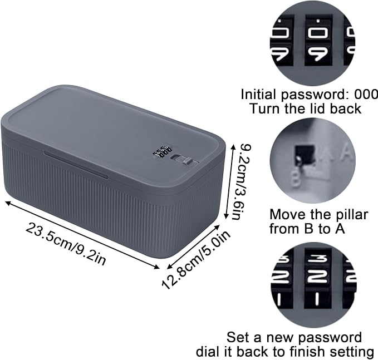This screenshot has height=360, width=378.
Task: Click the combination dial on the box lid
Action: pos(161,151)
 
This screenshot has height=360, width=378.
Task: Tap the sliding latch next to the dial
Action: pos(184,161)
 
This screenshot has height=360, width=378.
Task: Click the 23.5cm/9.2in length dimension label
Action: pos(66,244)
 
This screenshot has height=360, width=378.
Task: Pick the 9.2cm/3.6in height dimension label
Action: pos(240,182)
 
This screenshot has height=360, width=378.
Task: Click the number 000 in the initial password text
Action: pos(366,95)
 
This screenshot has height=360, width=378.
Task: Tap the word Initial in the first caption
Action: pos(259,95)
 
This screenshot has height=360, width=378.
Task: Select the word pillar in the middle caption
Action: pos(351,214)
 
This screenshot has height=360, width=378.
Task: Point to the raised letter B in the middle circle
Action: pos(296,179)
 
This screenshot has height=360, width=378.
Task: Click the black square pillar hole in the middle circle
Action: pos(304,154)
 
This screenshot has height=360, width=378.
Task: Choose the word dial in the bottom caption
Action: pos(207,352)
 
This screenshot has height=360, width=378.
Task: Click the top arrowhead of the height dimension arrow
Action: pos(233,146)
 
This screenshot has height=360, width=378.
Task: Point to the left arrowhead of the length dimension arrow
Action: pos(7,203)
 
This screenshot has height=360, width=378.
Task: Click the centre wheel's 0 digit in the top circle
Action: pos(318,33)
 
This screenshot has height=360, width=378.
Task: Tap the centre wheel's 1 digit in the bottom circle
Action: pos(317,298)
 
